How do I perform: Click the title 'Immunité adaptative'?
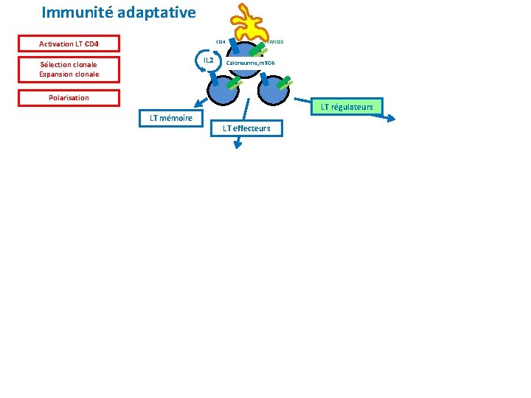coord(119,13)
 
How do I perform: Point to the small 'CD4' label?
coord(220,41)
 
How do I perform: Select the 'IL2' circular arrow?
coord(208,60)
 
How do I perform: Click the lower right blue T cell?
coord(273,90)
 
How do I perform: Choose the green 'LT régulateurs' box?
coord(346,107)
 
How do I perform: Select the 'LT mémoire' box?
coord(170,118)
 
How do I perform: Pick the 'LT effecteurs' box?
coord(246,128)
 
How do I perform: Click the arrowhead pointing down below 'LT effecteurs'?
coord(238,147)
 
